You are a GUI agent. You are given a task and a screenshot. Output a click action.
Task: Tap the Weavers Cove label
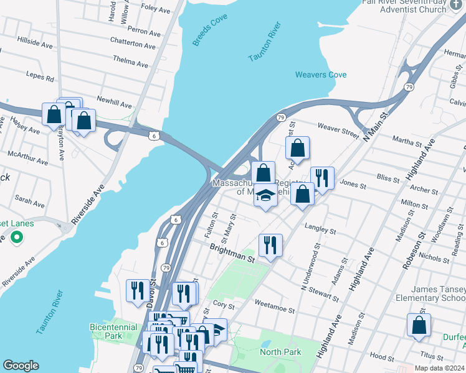point(321,75)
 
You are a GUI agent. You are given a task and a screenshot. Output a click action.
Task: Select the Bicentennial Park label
point(114,331)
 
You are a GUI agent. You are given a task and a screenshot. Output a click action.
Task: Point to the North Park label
point(280,352)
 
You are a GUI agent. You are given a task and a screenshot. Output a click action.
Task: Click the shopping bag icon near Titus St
point(419,325)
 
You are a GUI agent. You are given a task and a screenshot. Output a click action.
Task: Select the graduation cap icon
point(266,195)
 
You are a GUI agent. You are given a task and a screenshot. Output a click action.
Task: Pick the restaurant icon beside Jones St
point(322,178)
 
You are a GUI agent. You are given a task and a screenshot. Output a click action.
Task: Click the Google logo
point(21,366)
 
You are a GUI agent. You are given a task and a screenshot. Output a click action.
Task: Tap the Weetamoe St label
point(274,302)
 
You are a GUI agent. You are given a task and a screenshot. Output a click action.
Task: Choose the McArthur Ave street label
point(28,158)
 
